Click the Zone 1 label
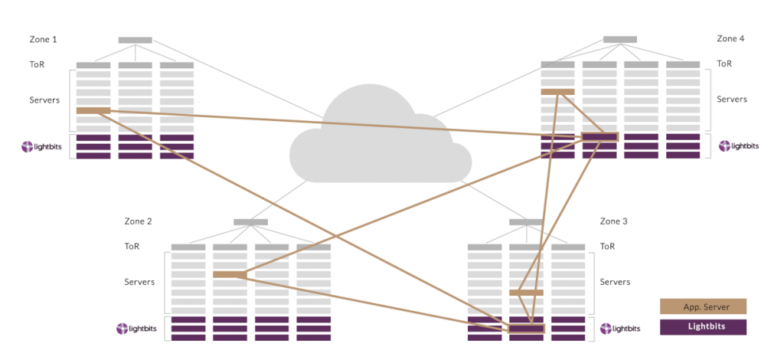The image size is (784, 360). click(x=43, y=39)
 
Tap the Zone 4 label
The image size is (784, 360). click(x=730, y=38)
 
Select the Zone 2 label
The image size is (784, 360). click(x=138, y=221)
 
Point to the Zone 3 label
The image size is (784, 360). click(x=614, y=221)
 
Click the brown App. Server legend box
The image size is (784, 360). click(x=703, y=307)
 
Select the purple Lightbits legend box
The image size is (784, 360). click(x=703, y=327)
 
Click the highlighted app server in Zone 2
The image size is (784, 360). click(x=230, y=274)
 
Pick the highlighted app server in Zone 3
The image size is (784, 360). click(x=526, y=293)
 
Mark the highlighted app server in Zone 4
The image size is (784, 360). click(x=557, y=92)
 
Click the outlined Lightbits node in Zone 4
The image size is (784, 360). click(x=599, y=137)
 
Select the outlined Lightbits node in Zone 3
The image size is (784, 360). click(x=526, y=329)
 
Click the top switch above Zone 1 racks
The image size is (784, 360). click(x=135, y=40)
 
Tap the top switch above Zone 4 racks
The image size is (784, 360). click(x=620, y=39)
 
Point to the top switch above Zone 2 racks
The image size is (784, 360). click(x=250, y=222)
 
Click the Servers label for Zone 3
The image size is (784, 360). click(x=615, y=282)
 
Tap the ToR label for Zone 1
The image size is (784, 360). click(x=37, y=64)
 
